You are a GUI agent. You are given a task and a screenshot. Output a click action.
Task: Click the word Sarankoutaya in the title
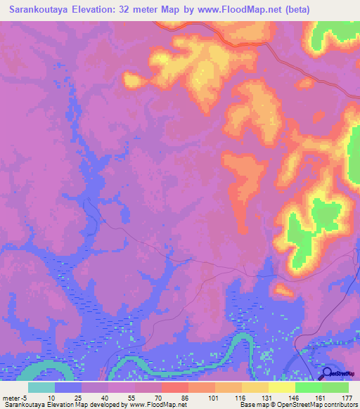40,11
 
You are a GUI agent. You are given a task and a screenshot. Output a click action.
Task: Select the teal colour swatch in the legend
41,387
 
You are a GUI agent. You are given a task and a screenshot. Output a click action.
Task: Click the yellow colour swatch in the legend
281,387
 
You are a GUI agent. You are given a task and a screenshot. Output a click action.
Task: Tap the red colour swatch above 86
174,387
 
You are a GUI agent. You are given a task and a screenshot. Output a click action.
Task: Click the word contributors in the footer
338,405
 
